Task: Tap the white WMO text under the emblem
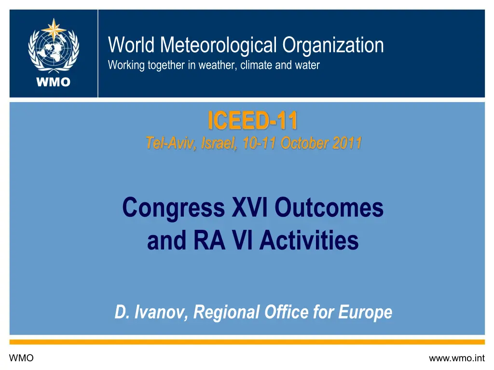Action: [x=54, y=82]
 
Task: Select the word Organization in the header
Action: [x=333, y=46]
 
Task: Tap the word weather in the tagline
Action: [x=217, y=65]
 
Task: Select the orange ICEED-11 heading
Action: [x=252, y=121]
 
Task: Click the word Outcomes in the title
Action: [x=329, y=209]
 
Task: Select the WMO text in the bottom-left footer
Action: [x=21, y=358]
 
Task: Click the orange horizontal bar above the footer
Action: [x=247, y=342]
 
